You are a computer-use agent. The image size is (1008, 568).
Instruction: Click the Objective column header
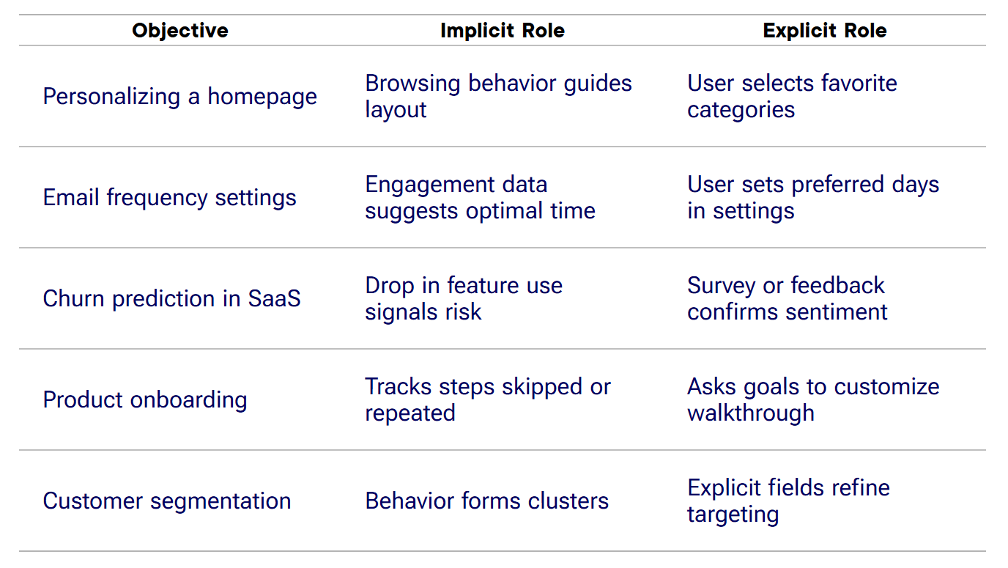point(180,31)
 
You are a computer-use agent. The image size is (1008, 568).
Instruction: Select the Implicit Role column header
point(502,31)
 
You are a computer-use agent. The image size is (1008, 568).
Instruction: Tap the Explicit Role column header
point(824,31)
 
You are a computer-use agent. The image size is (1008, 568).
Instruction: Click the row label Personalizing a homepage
point(180,97)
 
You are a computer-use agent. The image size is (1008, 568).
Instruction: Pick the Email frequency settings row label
point(169,198)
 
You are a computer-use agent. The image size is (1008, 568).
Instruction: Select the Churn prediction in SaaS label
point(171,299)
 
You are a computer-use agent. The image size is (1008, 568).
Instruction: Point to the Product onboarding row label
point(145,400)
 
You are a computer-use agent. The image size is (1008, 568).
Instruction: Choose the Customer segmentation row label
point(167,501)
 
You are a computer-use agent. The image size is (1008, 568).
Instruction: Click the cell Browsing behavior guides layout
point(498,97)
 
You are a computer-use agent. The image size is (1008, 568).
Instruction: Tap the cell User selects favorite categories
point(792,97)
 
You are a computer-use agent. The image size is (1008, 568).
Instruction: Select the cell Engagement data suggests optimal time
point(480,198)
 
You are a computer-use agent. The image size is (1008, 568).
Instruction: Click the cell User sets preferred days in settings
point(813,198)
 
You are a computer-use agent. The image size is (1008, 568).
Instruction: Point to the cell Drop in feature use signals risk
point(464,299)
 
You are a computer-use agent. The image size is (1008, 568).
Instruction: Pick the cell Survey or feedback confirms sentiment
point(787,299)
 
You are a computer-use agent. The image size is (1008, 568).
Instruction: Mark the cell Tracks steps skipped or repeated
point(488,400)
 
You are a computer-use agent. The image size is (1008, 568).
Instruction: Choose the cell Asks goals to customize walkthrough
point(813,400)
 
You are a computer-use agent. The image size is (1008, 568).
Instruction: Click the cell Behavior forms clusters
point(487,501)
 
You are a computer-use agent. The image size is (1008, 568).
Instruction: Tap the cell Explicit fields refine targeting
point(788,501)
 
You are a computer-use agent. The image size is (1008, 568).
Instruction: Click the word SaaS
point(274,299)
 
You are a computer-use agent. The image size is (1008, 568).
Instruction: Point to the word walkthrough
point(751,413)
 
